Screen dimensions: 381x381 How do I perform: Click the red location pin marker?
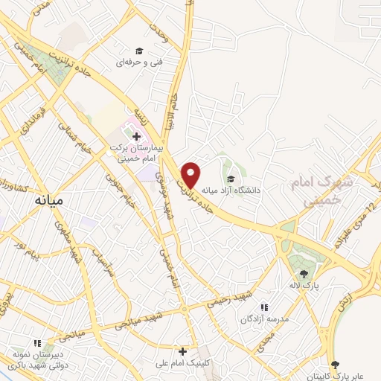click(x=191, y=174)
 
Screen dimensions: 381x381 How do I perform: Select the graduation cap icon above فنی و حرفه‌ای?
click(x=138, y=51)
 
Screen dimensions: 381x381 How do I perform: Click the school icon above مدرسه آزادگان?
click(x=263, y=307)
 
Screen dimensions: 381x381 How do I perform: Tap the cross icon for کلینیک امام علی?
click(x=182, y=350)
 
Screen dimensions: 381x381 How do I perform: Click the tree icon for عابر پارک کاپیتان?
click(x=336, y=365)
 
